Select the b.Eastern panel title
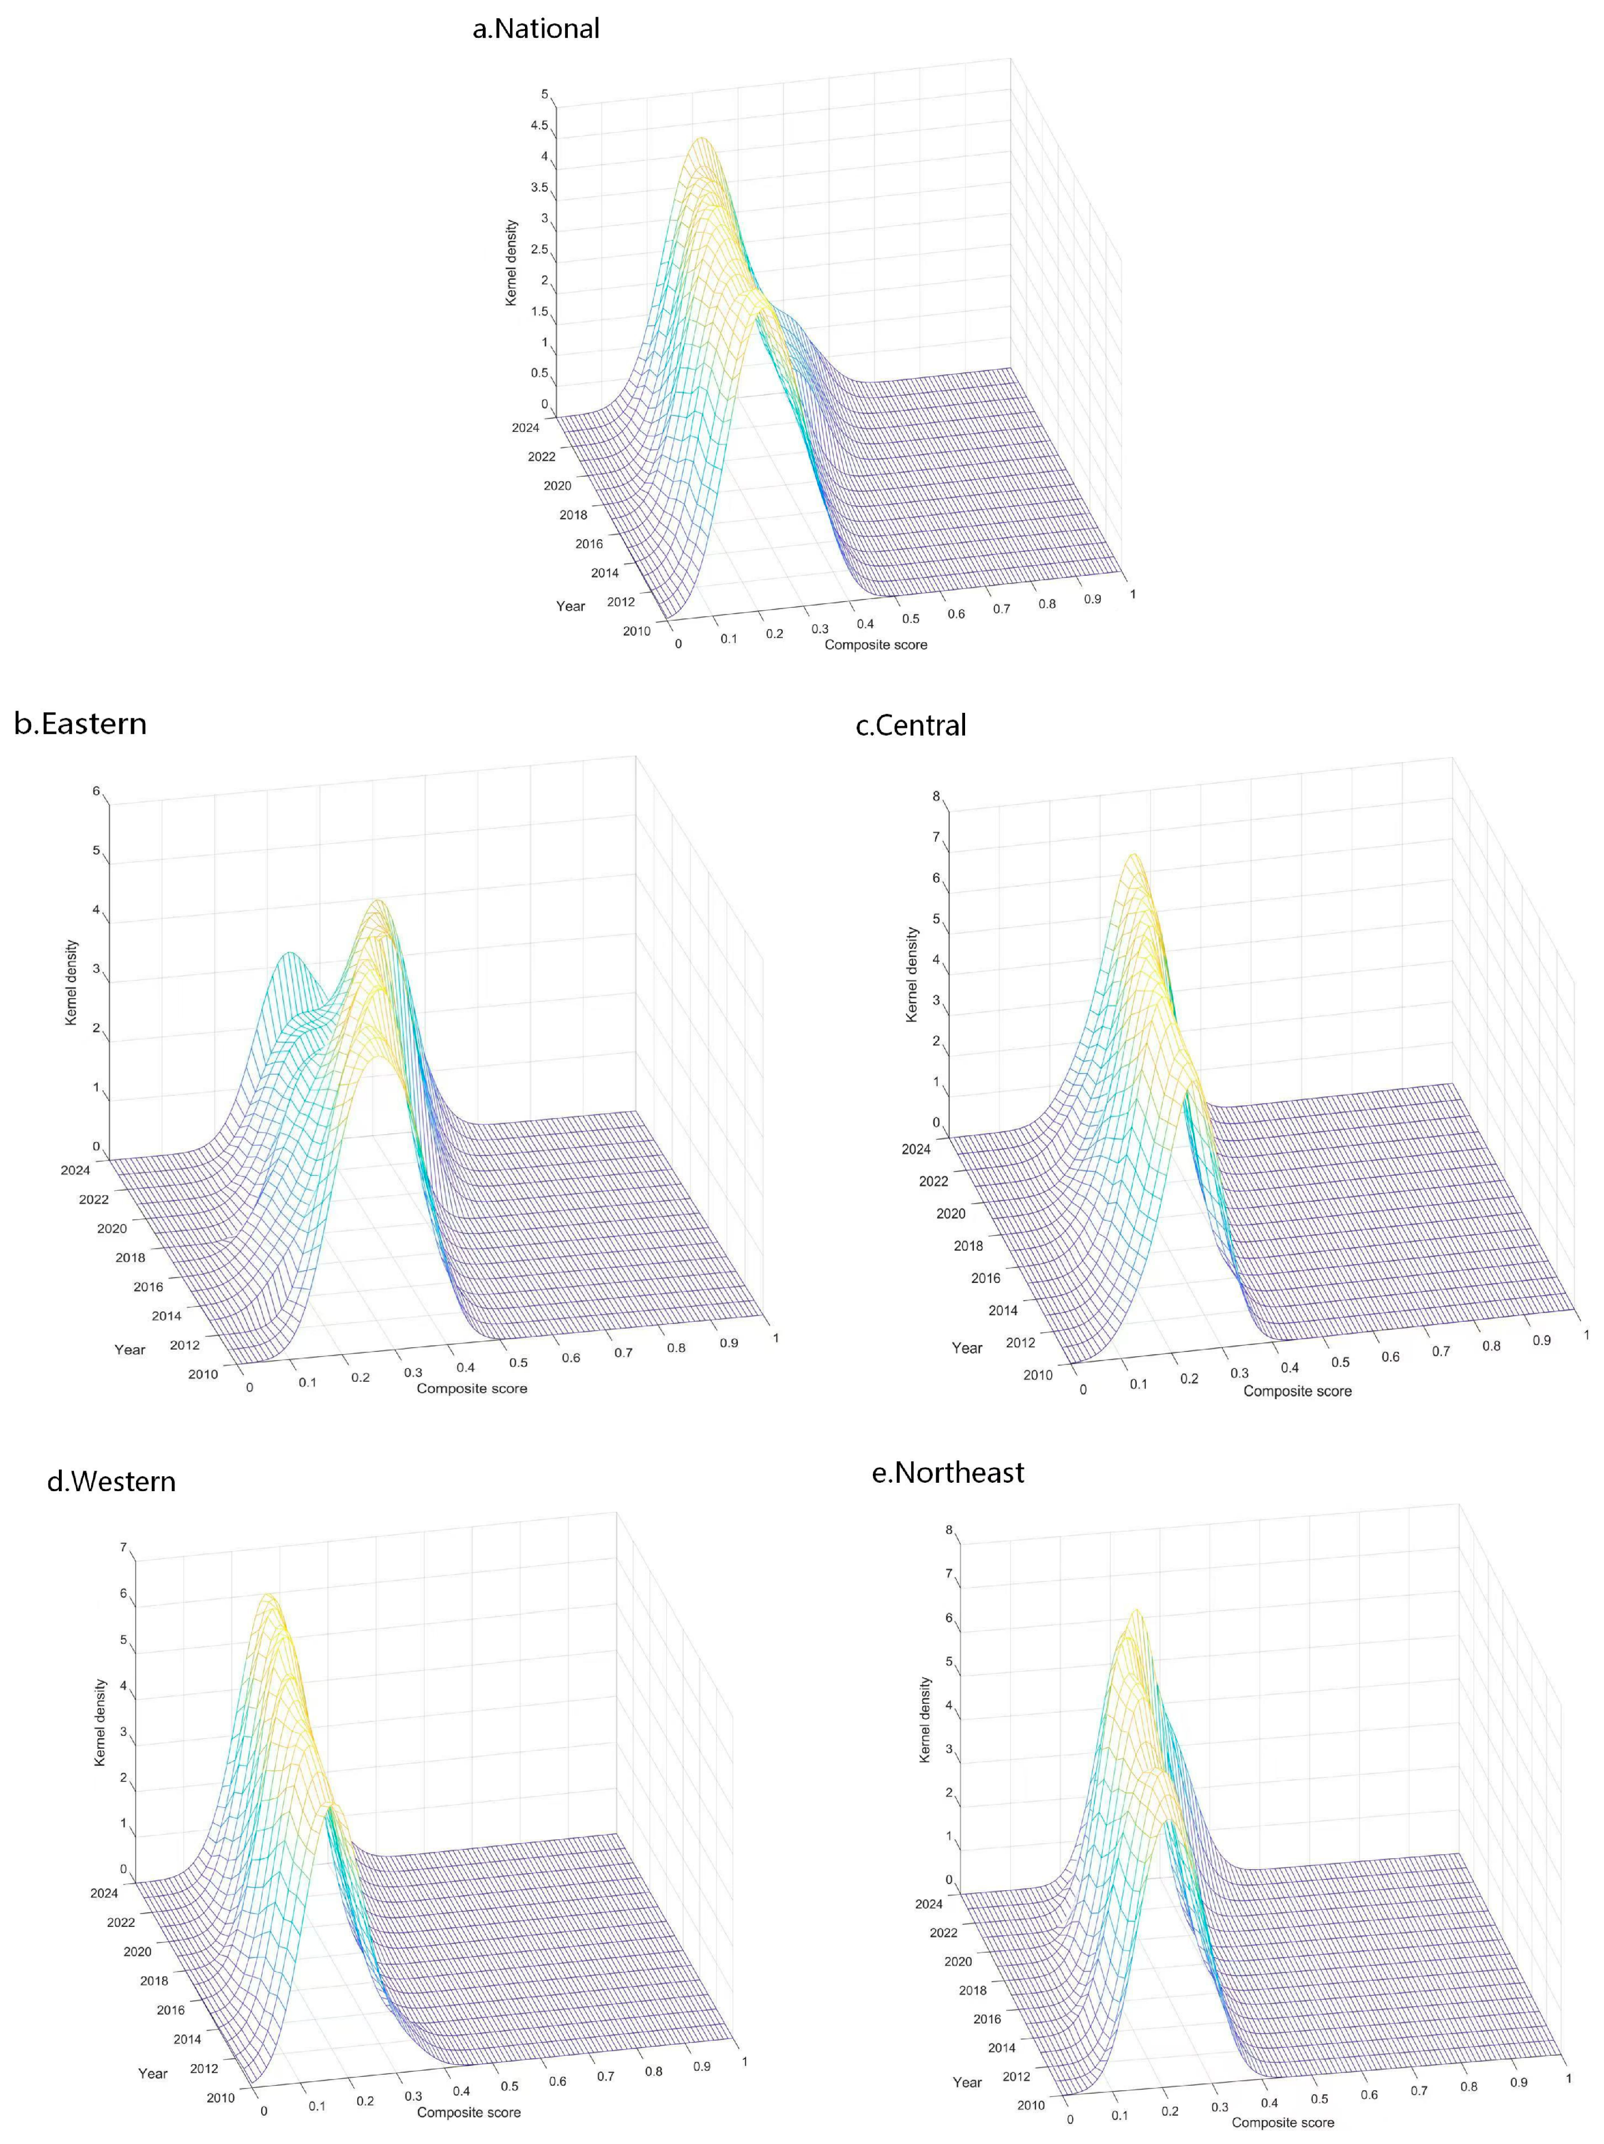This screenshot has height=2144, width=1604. [x=81, y=723]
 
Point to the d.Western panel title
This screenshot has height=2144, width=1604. [x=112, y=1481]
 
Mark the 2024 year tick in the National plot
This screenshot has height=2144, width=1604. [x=526, y=427]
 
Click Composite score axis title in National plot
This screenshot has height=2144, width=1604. [x=876, y=645]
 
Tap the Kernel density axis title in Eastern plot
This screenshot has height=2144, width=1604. [x=71, y=982]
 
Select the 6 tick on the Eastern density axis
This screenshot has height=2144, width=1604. [x=96, y=791]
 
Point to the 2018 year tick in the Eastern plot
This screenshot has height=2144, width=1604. [x=130, y=1257]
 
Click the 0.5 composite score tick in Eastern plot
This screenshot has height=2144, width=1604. [x=519, y=1362]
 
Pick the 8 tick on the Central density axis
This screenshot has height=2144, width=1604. [x=936, y=797]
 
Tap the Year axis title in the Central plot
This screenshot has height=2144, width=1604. [x=967, y=1348]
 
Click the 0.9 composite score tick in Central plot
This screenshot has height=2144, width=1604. [x=1542, y=1341]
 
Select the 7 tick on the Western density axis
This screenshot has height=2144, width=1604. [x=123, y=1548]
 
